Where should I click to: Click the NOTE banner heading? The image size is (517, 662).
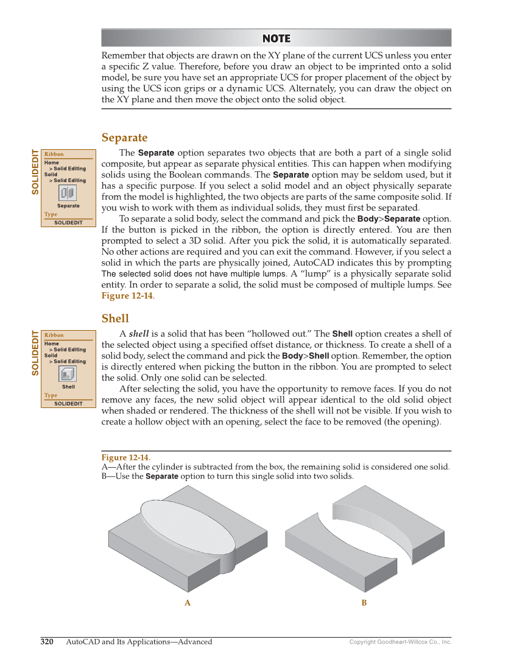(276, 38)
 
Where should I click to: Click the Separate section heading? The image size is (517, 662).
(124, 138)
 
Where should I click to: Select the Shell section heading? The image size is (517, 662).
(115, 319)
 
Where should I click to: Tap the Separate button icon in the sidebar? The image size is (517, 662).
(68, 193)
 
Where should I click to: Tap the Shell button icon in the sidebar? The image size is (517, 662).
(68, 374)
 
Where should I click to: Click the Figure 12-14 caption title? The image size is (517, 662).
(125, 457)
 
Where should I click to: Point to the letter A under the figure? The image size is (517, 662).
(188, 603)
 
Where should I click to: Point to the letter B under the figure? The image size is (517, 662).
(364, 603)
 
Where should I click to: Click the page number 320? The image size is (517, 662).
(47, 641)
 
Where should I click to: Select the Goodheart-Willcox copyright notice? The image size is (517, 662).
(400, 642)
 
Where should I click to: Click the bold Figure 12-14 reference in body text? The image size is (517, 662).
(127, 296)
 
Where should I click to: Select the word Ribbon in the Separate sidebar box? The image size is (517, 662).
(54, 154)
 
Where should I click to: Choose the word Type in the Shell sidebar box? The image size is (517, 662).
(51, 395)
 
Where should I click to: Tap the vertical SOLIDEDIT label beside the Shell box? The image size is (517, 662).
(35, 353)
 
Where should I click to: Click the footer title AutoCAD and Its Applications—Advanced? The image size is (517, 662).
(139, 641)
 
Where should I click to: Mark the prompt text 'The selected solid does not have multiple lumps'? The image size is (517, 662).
(193, 274)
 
